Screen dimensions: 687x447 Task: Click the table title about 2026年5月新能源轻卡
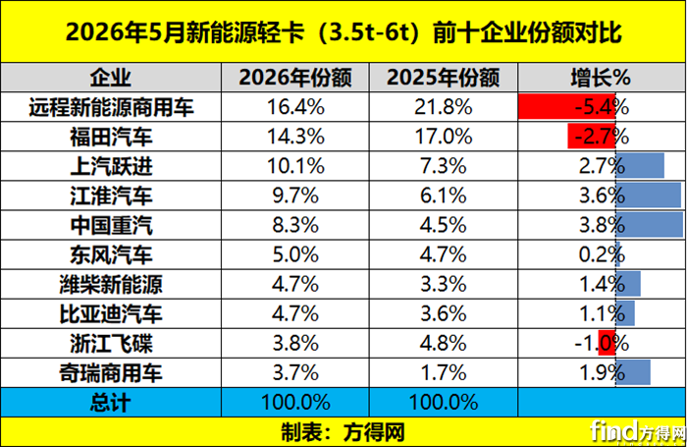[343, 32]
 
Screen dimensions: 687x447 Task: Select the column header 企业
[111, 78]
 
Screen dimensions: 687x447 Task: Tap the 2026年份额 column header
[295, 78]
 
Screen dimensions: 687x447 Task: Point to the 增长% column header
[601, 78]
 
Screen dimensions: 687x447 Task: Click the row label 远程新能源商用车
[111, 107]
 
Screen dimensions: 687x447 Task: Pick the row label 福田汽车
[111, 137]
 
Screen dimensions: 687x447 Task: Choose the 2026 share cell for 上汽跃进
[295, 166]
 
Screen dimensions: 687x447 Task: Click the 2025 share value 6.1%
[443, 196]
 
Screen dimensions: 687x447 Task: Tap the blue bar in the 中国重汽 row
[650, 225]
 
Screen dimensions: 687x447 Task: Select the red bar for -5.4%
[567, 107]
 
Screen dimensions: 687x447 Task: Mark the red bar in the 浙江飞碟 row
[608, 343]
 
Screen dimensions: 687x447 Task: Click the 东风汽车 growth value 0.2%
[602, 254]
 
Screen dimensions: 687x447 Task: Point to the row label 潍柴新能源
[111, 284]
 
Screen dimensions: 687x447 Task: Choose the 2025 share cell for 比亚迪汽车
[443, 313]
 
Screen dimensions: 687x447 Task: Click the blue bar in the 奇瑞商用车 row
[633, 372]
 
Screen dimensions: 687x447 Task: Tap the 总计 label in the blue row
[111, 402]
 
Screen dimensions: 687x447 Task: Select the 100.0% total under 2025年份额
[443, 402]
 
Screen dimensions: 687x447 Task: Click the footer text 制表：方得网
[343, 432]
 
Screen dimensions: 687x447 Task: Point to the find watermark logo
[638, 431]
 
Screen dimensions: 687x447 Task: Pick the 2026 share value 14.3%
[295, 137]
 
